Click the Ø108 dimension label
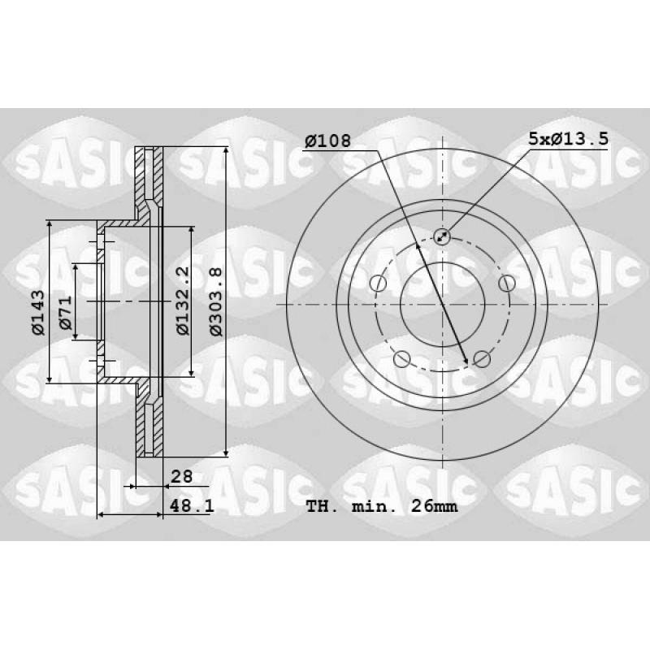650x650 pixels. [327, 141]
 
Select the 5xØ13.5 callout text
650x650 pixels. [568, 138]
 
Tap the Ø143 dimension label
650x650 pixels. [38, 312]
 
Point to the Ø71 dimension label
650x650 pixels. [66, 313]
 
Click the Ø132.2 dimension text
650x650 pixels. [183, 300]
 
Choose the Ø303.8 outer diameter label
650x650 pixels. [215, 301]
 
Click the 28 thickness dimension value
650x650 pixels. [181, 476]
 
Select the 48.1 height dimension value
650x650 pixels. [192, 505]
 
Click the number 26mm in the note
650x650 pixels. [434, 506]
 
